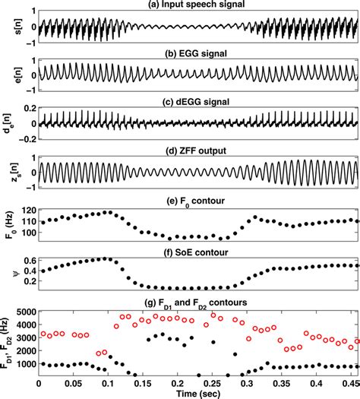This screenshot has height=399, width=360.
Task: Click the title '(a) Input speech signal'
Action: (198, 5)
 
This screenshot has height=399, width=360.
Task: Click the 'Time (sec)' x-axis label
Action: (198, 392)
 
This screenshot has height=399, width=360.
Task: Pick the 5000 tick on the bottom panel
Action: (27, 311)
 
